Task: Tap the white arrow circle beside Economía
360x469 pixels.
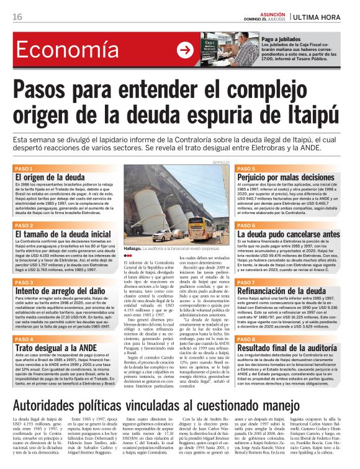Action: coord(185,50)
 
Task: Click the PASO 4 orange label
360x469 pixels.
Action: coord(24,339)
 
